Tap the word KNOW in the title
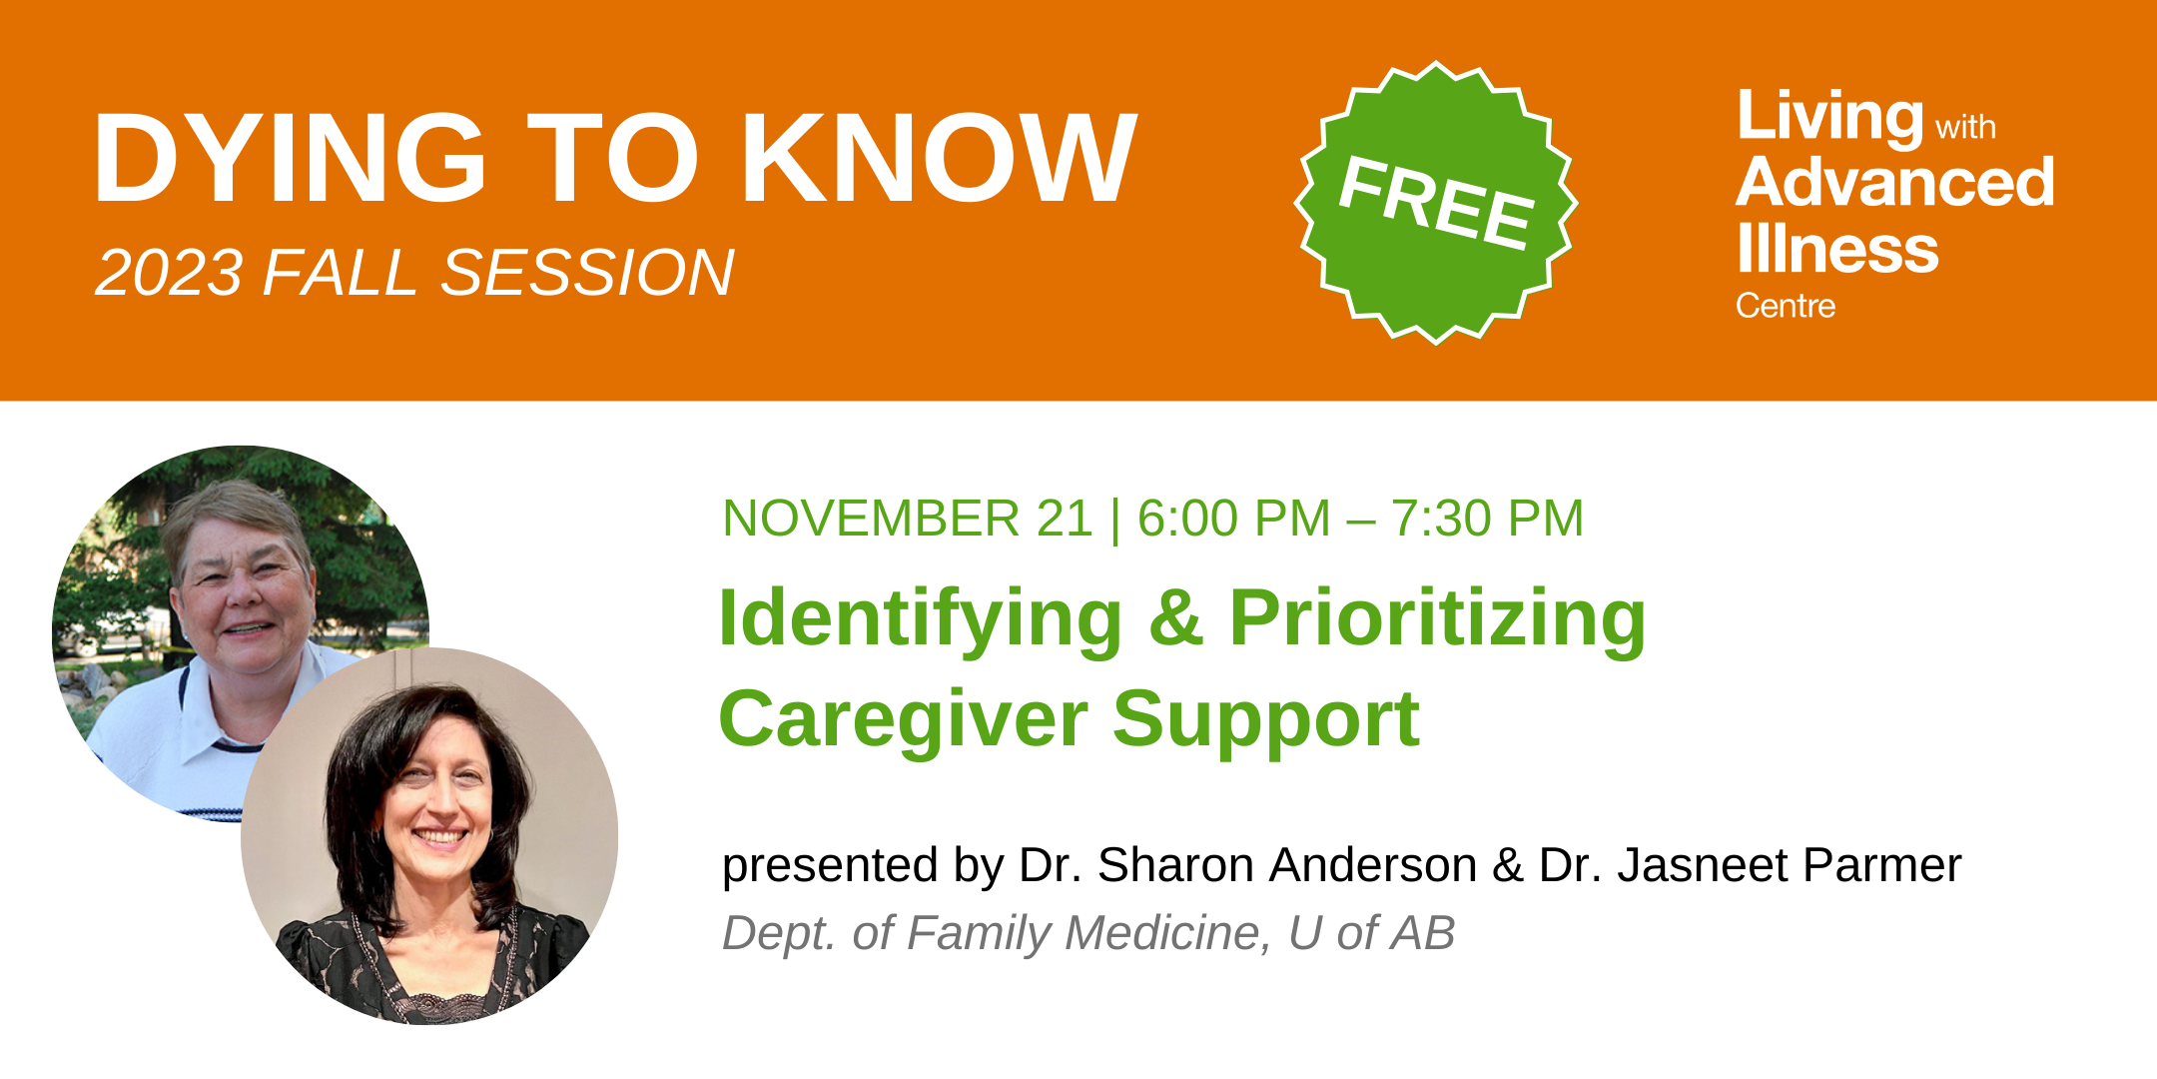point(940,158)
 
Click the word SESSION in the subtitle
point(587,272)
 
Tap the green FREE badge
point(1436,202)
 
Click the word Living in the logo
point(1829,119)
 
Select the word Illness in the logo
point(1837,248)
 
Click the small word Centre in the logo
point(1786,306)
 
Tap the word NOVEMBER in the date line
point(871,519)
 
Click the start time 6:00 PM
point(1234,519)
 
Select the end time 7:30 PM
point(1487,519)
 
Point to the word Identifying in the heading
point(921,620)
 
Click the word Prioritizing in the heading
point(1437,620)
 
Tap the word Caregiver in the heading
point(903,719)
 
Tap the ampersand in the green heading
point(1175,619)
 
